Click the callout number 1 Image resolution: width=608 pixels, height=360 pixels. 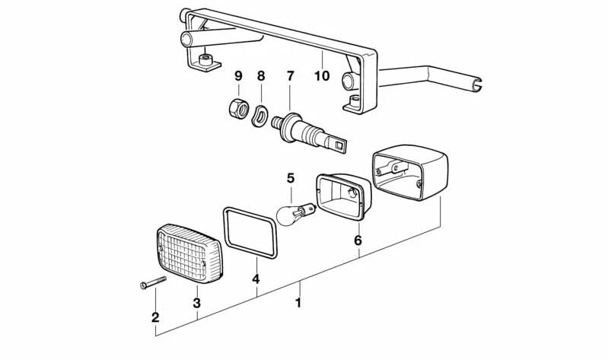298,302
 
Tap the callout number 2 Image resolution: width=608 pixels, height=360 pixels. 155,317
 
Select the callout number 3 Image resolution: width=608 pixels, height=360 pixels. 196,303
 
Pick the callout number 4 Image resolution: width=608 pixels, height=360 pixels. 256,279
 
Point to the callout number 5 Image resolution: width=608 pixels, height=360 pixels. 290,178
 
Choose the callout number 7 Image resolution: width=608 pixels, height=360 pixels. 290,76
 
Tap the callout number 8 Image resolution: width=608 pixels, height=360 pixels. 261,76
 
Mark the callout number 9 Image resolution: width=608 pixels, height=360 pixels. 237,76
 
